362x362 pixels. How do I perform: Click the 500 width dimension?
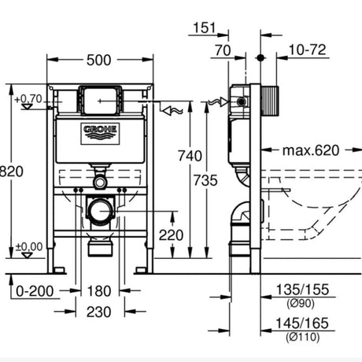click(x=98, y=60)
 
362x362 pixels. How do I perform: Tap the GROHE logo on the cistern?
click(x=100, y=134)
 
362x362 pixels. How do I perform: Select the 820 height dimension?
click(x=12, y=172)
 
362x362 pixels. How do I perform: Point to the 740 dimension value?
click(x=190, y=156)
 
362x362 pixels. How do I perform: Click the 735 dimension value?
click(x=205, y=180)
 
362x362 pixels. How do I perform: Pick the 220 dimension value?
click(x=171, y=235)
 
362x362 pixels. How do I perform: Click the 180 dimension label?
click(x=99, y=291)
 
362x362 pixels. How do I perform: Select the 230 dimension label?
click(x=99, y=312)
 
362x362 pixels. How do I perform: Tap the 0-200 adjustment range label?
click(x=35, y=291)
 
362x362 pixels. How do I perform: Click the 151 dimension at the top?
click(x=205, y=28)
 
